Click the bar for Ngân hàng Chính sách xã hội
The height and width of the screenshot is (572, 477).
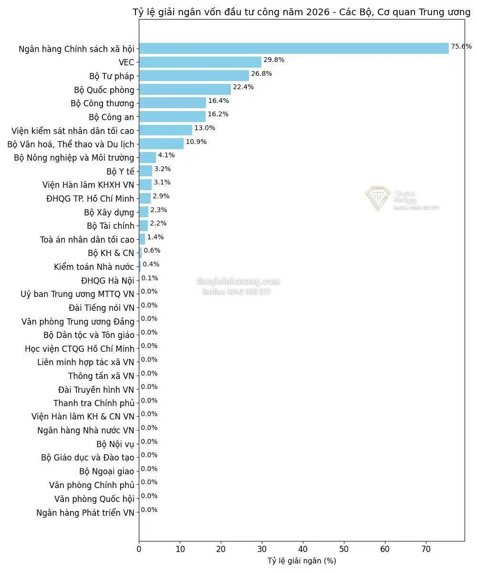click(293, 48)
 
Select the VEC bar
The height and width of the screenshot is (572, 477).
click(200, 62)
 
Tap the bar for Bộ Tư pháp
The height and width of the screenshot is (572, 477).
click(194, 76)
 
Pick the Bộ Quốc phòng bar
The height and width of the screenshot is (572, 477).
click(185, 89)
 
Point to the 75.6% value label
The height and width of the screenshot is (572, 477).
click(461, 46)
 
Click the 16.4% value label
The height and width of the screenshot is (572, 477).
click(218, 101)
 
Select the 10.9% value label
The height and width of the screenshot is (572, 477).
click(196, 142)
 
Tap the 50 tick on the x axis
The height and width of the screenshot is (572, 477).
click(344, 549)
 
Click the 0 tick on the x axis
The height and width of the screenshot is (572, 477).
click(139, 549)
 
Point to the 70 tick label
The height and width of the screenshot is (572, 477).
click(426, 549)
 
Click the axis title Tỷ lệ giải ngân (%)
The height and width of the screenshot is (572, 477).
click(301, 561)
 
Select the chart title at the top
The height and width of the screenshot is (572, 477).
click(301, 12)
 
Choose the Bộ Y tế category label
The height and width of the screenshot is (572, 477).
click(120, 171)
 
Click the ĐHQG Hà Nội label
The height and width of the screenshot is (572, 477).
click(107, 280)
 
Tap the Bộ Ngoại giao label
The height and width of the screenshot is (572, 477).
click(106, 471)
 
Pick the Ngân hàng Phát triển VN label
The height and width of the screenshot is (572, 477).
click(85, 513)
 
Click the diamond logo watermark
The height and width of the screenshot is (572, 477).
click(378, 198)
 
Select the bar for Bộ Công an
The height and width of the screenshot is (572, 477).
click(172, 116)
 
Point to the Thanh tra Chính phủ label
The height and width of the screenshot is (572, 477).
click(93, 403)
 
